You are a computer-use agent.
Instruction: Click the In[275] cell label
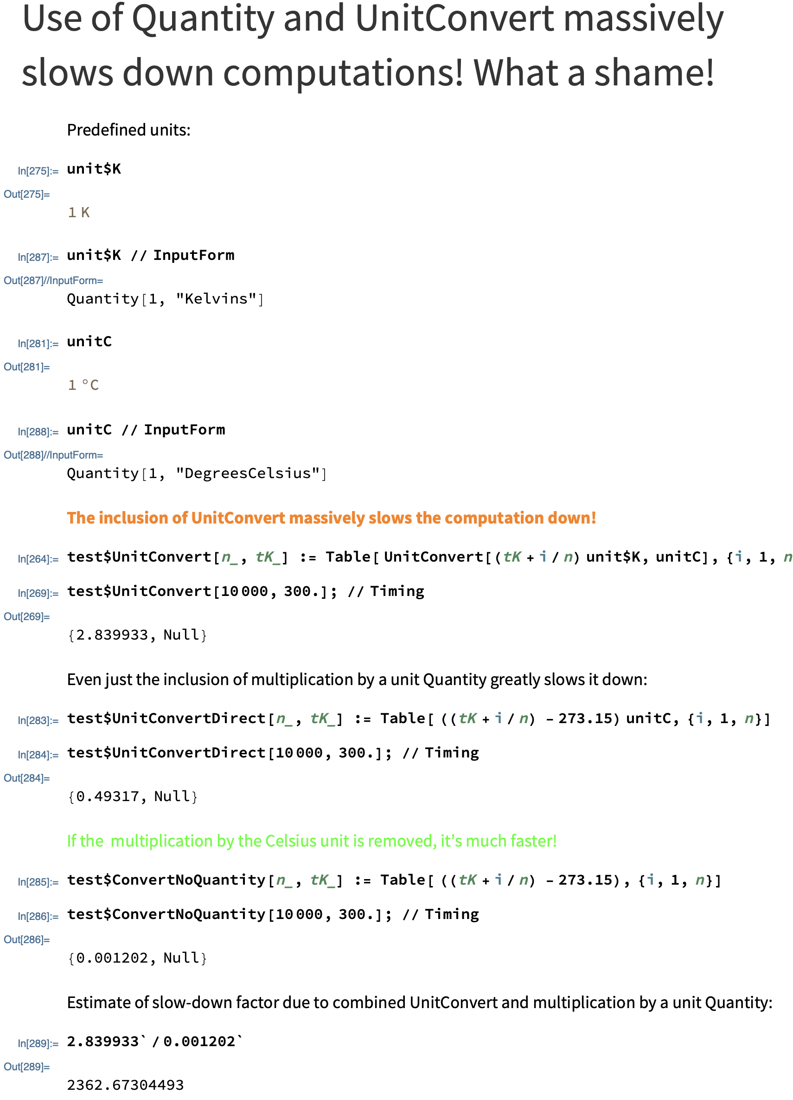pos(38,171)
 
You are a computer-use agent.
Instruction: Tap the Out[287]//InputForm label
pos(53,280)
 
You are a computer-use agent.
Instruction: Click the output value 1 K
pos(78,213)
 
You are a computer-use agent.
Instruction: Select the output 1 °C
pos(83,385)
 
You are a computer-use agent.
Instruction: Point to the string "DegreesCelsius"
pos(247,473)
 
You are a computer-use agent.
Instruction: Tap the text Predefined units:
pos(129,130)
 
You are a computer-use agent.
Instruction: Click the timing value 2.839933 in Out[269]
pos(112,635)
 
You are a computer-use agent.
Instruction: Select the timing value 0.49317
pos(108,796)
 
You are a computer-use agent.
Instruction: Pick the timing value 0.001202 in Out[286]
pos(112,958)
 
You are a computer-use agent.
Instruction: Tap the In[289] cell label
pos(38,1043)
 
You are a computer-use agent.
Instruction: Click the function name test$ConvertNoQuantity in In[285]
pos(166,880)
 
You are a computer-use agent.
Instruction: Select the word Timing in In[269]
pos(397,591)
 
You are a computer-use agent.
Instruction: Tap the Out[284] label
pos(26,778)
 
